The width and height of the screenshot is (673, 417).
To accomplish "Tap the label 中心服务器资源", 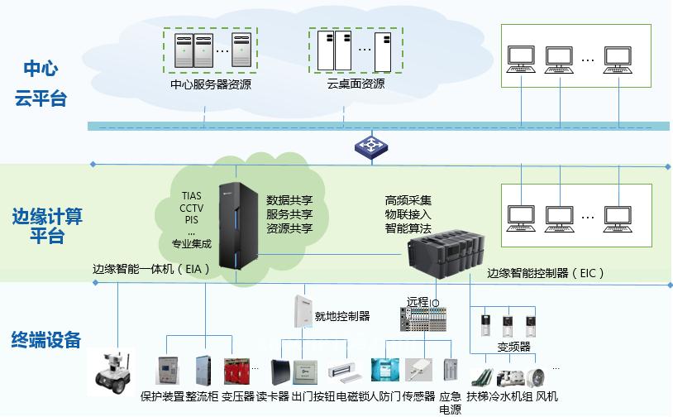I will [211, 84].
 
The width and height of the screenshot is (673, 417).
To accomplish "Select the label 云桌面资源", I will [356, 84].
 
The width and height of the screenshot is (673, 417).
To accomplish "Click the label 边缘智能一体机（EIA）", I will [151, 269].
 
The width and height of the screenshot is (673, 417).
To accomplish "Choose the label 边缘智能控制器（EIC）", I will [547, 272].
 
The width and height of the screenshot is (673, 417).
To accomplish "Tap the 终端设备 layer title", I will [46, 339].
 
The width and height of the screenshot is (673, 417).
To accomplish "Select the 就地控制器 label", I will [342, 316].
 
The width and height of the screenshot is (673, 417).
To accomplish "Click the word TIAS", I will [191, 196].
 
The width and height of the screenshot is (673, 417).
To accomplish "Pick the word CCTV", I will [191, 208].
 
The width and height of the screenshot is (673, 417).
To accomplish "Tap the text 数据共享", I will [289, 200].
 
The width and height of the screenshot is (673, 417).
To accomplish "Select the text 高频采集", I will [408, 200].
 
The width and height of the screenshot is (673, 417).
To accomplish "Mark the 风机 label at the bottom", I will [547, 396].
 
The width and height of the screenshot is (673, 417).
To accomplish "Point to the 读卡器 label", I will [273, 396].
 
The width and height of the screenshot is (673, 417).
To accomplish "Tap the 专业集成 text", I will [191, 243].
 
